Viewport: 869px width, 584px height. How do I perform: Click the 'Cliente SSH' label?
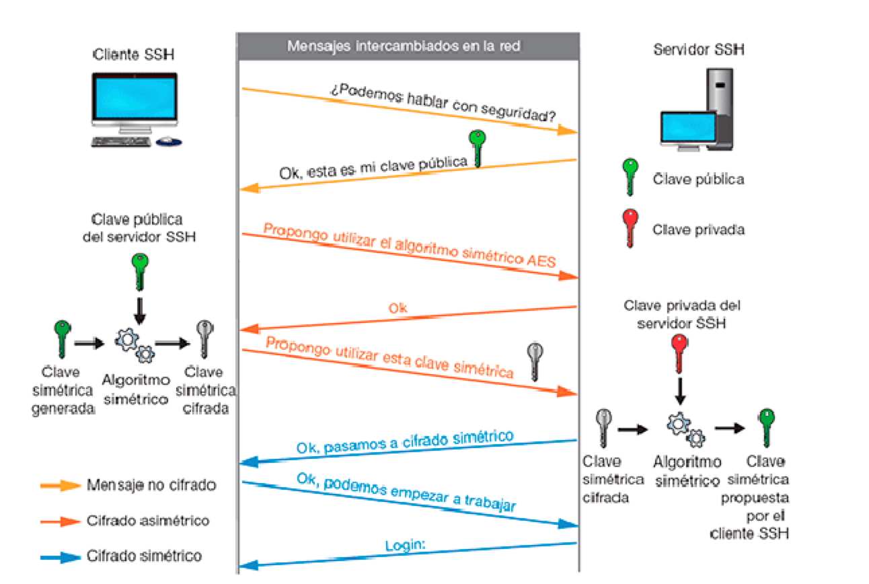(x=135, y=55)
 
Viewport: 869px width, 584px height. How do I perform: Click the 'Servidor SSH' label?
(x=699, y=50)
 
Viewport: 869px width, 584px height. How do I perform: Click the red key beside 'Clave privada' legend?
(x=630, y=225)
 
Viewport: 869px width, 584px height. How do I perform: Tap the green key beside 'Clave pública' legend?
(x=630, y=175)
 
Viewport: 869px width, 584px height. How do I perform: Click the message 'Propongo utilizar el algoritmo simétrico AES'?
(x=410, y=245)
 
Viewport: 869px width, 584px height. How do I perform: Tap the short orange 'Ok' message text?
(x=398, y=308)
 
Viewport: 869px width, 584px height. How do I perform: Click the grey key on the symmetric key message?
(x=535, y=359)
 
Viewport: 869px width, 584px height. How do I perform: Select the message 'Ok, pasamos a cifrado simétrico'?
(x=404, y=442)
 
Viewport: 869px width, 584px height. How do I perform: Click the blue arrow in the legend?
(x=61, y=556)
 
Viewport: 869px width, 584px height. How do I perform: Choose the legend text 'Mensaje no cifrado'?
(x=151, y=485)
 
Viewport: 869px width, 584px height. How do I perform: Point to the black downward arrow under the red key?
(x=681, y=390)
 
